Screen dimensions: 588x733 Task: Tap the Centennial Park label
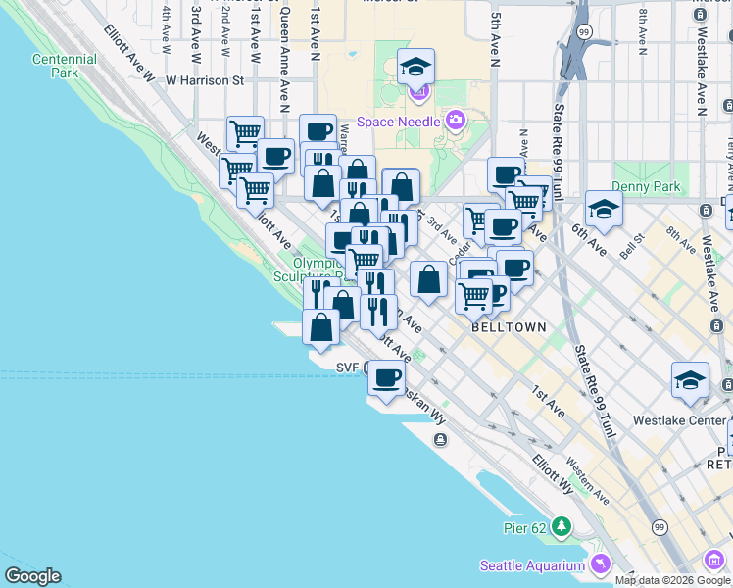pyautogui.click(x=64, y=66)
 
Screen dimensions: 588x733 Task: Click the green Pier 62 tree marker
pyautogui.click(x=562, y=527)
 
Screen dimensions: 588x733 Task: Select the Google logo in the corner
pyautogui.click(x=32, y=576)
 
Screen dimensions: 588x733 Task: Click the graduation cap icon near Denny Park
pyautogui.click(x=604, y=208)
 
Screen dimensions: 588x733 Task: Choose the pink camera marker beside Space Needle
pyautogui.click(x=455, y=121)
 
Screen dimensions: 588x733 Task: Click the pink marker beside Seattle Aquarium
pyautogui.click(x=600, y=564)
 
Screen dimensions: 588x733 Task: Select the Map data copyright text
pyautogui.click(x=673, y=579)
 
